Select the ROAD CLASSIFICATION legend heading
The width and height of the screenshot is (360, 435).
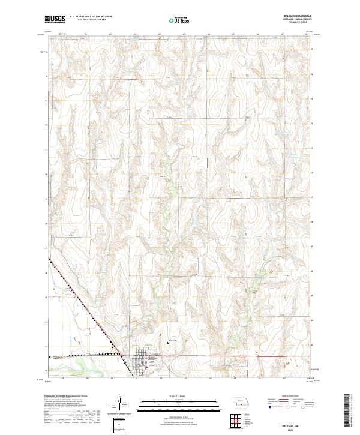[x=293, y=397]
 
